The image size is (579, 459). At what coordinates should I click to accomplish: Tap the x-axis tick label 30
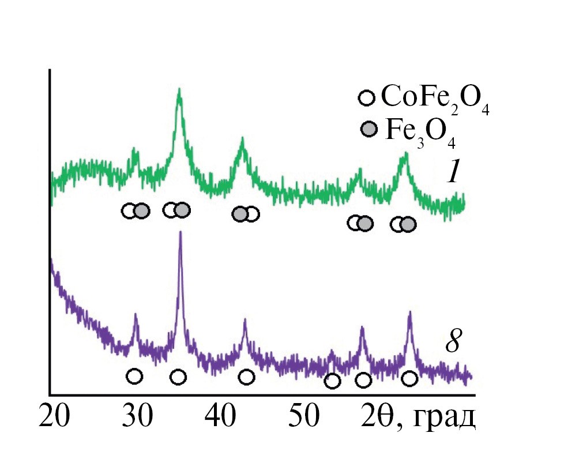[x=137, y=416]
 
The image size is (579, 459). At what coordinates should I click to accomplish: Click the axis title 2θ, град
[x=419, y=416]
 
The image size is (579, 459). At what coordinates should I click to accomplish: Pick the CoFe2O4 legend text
[x=435, y=99]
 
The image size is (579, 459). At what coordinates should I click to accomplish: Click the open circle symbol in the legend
[x=367, y=97]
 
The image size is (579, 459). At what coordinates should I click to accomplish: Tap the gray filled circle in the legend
[x=369, y=129]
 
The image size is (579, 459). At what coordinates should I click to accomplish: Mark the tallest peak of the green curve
[x=179, y=90]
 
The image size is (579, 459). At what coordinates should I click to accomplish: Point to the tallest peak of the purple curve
[x=181, y=232]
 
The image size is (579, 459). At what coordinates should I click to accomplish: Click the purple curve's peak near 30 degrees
[x=136, y=315]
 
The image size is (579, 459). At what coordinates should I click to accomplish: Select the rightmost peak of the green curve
[x=406, y=154]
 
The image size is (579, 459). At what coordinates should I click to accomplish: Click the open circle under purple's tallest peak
[x=178, y=377]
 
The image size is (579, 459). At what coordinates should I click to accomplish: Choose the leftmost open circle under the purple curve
[x=134, y=377]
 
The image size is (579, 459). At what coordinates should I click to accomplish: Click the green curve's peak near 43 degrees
[x=242, y=139]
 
